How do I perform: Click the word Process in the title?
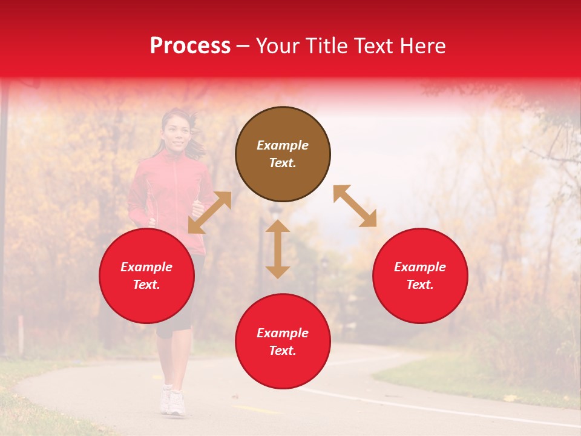click(x=190, y=46)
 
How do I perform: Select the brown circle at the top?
click(x=283, y=154)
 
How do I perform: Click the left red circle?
click(x=146, y=276)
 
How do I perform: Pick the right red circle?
click(x=420, y=276)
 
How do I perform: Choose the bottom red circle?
click(x=283, y=342)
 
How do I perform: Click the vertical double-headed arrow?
click(x=278, y=249)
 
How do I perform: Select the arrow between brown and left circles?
click(x=209, y=213)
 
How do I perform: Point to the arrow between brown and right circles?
click(x=355, y=206)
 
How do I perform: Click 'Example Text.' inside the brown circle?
click(x=283, y=154)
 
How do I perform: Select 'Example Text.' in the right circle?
click(x=420, y=276)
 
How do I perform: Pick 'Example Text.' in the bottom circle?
click(x=283, y=342)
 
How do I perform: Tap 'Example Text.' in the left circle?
click(x=146, y=276)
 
